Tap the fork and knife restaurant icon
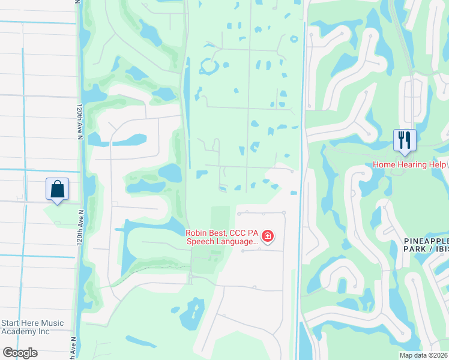click(x=404, y=140)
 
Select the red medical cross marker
click(x=268, y=236)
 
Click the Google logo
click(x=20, y=353)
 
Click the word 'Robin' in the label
click(x=197, y=232)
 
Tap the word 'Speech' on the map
click(x=201, y=242)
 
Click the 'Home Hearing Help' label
click(x=410, y=164)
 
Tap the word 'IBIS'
click(x=441, y=250)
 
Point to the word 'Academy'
click(x=20, y=331)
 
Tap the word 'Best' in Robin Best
click(x=221, y=232)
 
